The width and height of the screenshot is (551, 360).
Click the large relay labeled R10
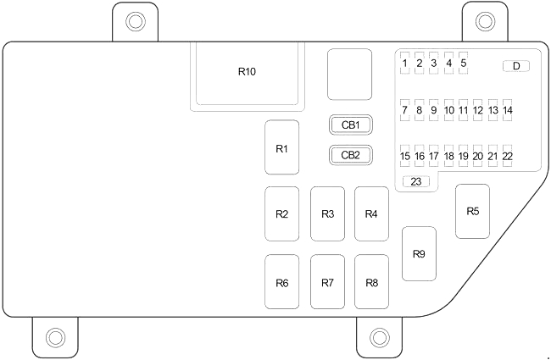pyautogui.click(x=247, y=74)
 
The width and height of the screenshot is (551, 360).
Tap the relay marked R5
pyautogui.click(x=473, y=211)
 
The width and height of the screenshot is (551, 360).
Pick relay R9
pyautogui.click(x=419, y=253)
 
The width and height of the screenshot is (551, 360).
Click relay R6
pyautogui.click(x=282, y=282)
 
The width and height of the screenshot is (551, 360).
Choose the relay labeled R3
pyautogui.click(x=327, y=213)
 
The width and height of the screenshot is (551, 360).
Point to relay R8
pyautogui.click(x=371, y=282)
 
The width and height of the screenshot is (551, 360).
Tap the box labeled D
pyautogui.click(x=515, y=66)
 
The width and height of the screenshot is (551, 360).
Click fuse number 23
pyautogui.click(x=416, y=181)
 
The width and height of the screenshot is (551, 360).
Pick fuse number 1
pyautogui.click(x=405, y=63)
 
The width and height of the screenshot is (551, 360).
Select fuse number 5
pyautogui.click(x=464, y=63)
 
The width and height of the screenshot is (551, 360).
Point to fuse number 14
pyautogui.click(x=507, y=109)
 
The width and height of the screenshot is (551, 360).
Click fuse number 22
pyautogui.click(x=507, y=156)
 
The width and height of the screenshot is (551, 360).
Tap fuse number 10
pyautogui.click(x=448, y=109)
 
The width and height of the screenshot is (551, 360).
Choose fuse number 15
pyautogui.click(x=405, y=156)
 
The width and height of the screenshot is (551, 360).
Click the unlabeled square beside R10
pyautogui.click(x=350, y=75)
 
